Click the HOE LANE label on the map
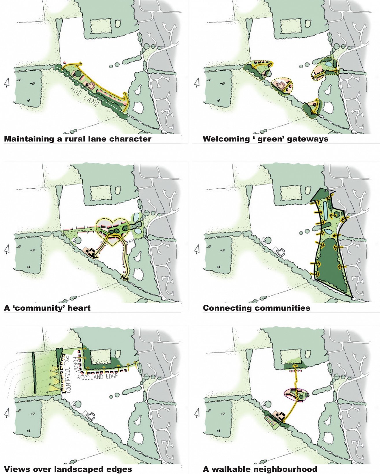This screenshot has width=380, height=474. pos(84,96)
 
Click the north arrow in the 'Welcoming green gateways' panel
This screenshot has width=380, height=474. pos(197,83)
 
